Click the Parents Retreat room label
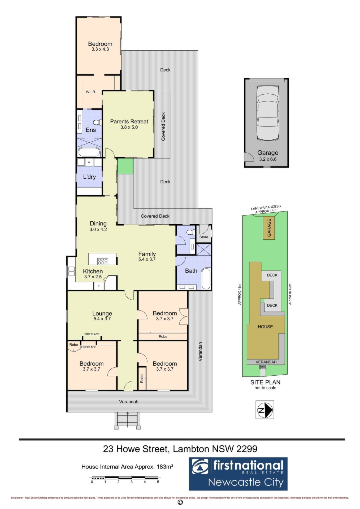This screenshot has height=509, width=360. pyautogui.click(x=129, y=122)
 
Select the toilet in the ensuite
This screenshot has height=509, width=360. pyautogui.click(x=98, y=122)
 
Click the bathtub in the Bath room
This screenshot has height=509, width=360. pyautogui.click(x=206, y=279)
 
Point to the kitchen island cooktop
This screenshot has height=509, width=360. pyautogui.click(x=103, y=262)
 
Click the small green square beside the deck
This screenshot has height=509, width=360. pyautogui.click(x=125, y=166)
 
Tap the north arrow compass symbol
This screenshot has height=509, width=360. pyautogui.click(x=264, y=410)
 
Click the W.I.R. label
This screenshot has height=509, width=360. pyautogui.click(x=91, y=92)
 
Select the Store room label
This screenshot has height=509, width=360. pyautogui.click(x=204, y=237)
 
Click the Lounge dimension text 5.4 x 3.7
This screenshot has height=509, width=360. pyautogui.click(x=102, y=319)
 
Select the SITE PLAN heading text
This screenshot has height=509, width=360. pyautogui.click(x=265, y=382)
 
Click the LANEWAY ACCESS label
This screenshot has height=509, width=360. pyautogui.click(x=266, y=207)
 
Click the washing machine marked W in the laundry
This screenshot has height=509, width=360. pyautogui.click(x=89, y=162)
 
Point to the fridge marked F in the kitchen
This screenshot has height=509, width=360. pyautogui.click(x=99, y=286)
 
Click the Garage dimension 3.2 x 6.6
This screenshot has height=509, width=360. pyautogui.click(x=268, y=159)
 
